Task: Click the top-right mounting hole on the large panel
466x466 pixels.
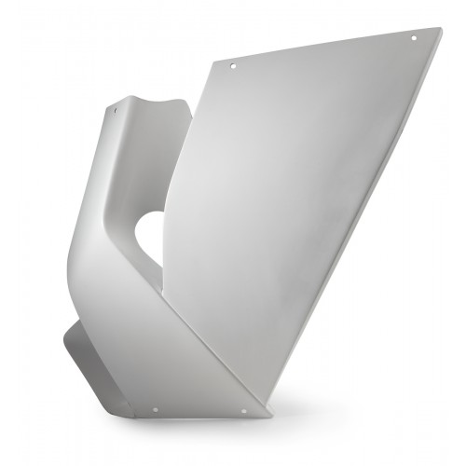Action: tap(415, 37)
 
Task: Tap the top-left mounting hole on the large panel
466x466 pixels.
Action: tap(233, 67)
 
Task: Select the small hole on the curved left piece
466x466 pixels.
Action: tap(116, 110)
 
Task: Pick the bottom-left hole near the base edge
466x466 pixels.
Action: tap(155, 406)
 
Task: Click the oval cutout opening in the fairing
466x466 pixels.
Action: tap(149, 238)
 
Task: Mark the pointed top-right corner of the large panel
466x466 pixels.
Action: tap(441, 28)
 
